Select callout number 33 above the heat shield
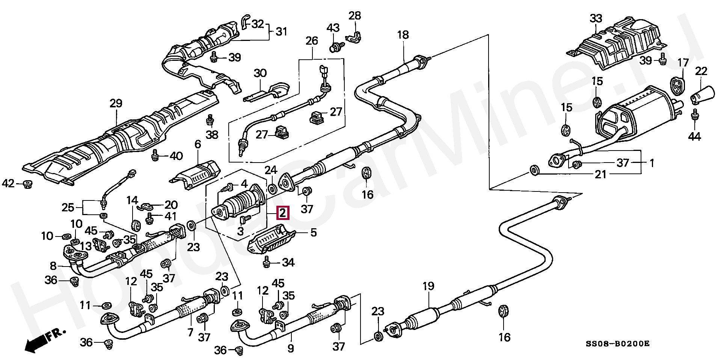click(x=596, y=18)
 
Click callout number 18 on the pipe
click(x=403, y=35)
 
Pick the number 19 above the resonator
click(x=428, y=286)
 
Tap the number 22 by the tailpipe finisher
click(x=701, y=71)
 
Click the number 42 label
click(x=8, y=184)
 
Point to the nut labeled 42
click(x=27, y=184)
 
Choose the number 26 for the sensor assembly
click(x=312, y=41)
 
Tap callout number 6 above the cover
click(x=198, y=144)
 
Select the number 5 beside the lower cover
click(x=314, y=233)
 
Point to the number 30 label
click(x=259, y=73)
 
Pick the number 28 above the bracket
click(x=354, y=16)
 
